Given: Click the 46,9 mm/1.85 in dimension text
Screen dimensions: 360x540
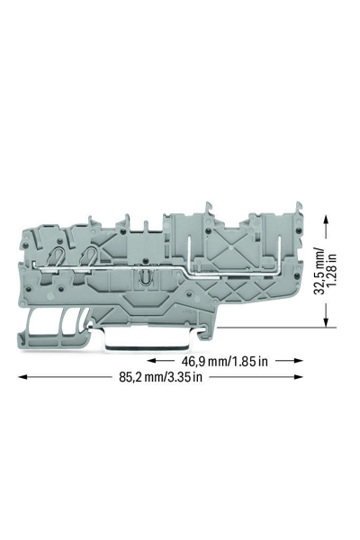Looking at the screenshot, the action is point(225,361).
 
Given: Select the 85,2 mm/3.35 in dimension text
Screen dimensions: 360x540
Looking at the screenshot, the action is point(160,377).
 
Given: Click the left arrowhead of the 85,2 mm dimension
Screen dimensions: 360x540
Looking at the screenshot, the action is point(22,377).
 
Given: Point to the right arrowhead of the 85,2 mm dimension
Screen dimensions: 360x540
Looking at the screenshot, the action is point(299,377).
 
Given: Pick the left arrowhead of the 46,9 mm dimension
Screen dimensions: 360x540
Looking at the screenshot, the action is point(152,361).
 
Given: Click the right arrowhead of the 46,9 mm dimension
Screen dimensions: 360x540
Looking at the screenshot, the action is point(299,361).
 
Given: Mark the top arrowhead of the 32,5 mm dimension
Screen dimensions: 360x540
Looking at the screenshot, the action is point(326,219).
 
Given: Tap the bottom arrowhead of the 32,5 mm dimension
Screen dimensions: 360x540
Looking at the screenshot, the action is point(326,322).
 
